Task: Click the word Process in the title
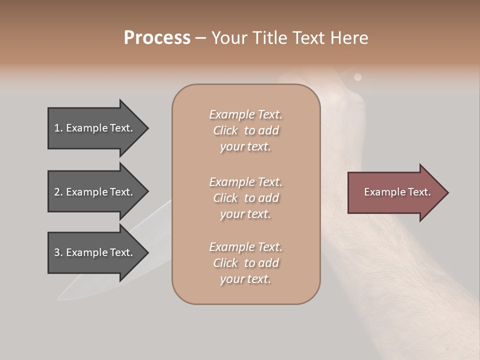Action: (x=157, y=38)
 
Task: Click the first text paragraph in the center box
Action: (x=245, y=130)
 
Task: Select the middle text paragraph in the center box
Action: (x=245, y=198)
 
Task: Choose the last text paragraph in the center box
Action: (x=245, y=263)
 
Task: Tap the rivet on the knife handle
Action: (x=357, y=77)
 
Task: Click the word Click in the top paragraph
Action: (x=225, y=130)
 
